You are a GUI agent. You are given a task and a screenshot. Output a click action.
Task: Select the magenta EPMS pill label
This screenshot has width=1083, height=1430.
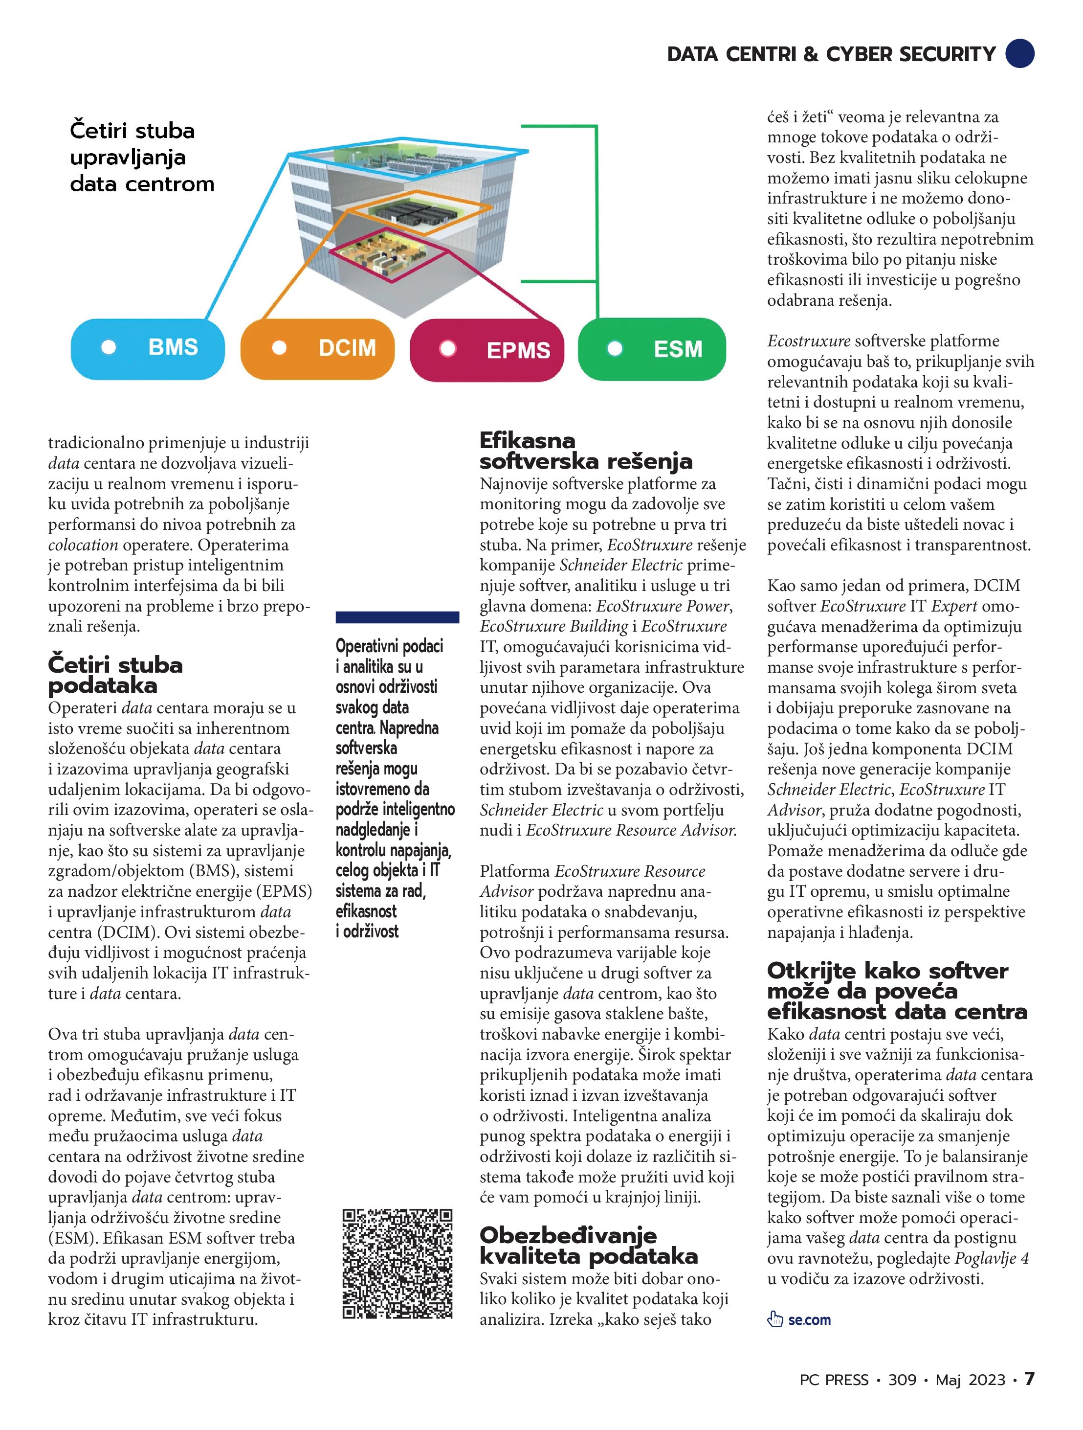coord(487,350)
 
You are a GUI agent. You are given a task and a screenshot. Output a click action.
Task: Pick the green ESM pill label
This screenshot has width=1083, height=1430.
coord(651,349)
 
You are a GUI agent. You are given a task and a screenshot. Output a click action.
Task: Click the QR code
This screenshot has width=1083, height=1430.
coord(397,1263)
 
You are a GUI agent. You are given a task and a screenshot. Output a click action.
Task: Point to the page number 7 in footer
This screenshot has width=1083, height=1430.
coord(1029,1379)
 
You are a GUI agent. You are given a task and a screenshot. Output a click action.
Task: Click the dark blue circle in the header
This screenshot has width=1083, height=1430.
coord(1019,54)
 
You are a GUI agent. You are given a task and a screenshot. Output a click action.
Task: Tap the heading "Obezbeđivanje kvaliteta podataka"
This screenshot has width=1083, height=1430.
coord(588,1245)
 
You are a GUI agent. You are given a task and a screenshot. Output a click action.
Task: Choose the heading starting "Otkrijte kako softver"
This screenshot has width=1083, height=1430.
coord(896,990)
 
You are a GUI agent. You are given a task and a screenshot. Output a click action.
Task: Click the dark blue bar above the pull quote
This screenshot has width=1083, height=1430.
coord(397,617)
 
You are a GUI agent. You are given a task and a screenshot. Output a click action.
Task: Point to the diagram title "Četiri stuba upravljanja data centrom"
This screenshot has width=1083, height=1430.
coord(141,157)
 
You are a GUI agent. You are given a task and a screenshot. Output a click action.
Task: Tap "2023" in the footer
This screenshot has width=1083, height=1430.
coord(987,1380)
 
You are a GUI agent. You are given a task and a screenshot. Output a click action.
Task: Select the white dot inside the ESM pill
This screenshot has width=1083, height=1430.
coord(615,349)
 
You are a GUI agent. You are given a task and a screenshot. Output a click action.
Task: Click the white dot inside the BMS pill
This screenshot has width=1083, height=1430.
coord(109,348)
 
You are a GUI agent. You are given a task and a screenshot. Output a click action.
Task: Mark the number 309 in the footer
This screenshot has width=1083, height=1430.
coord(902,1380)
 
